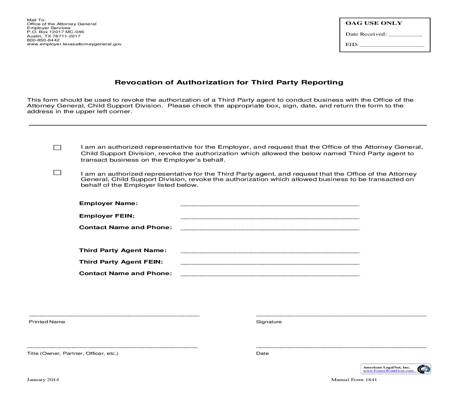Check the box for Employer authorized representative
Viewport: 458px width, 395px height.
tap(57, 148)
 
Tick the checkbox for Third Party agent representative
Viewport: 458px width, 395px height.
tap(57, 173)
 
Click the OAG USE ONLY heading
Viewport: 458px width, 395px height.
tap(374, 23)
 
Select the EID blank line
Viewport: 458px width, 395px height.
tap(392, 46)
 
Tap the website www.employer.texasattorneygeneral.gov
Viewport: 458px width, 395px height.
tap(74, 44)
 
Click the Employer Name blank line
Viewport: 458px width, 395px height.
tap(269, 204)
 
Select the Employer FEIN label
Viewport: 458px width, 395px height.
tap(107, 216)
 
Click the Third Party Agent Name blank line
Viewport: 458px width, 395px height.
tap(269, 251)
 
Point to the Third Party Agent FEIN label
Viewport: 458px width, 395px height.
tap(121, 262)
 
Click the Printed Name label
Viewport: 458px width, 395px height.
tap(47, 322)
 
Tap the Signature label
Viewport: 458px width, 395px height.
tap(269, 322)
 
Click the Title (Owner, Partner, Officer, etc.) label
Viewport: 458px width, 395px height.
tap(73, 353)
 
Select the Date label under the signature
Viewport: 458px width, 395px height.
tap(262, 353)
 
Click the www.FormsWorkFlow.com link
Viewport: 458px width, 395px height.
tap(388, 371)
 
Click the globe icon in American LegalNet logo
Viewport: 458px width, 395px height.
tap(424, 369)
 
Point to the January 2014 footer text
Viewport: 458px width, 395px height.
tap(43, 380)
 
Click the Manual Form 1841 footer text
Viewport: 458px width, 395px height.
tap(354, 380)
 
